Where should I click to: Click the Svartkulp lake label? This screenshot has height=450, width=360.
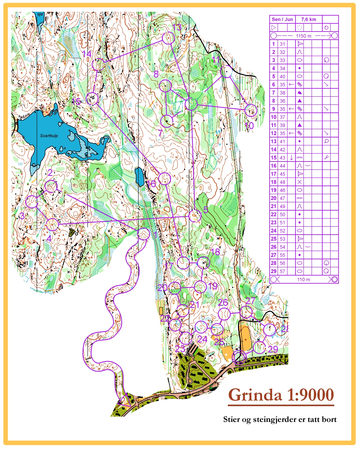click(49, 136)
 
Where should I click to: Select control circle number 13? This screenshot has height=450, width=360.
click(168, 38)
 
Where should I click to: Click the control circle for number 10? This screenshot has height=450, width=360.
click(251, 110)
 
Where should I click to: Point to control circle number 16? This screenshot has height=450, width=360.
click(164, 178)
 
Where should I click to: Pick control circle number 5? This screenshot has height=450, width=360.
click(195, 216)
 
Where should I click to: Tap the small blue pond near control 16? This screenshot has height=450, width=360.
click(139, 177)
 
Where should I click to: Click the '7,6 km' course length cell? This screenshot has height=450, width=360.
click(308, 19)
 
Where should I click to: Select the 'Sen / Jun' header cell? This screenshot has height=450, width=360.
click(282, 19)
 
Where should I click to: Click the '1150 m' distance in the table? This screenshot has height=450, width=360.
click(304, 36)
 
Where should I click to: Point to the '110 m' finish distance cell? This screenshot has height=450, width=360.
click(304, 280)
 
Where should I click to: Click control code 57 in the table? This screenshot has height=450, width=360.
click(282, 271)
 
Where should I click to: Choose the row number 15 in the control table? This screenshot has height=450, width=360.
click(273, 158)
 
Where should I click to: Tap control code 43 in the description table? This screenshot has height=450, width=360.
click(282, 158)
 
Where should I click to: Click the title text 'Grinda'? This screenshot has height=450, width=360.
click(255, 395)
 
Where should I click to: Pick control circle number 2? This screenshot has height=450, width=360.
click(51, 186)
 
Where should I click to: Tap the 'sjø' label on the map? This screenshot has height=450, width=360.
click(40, 14)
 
